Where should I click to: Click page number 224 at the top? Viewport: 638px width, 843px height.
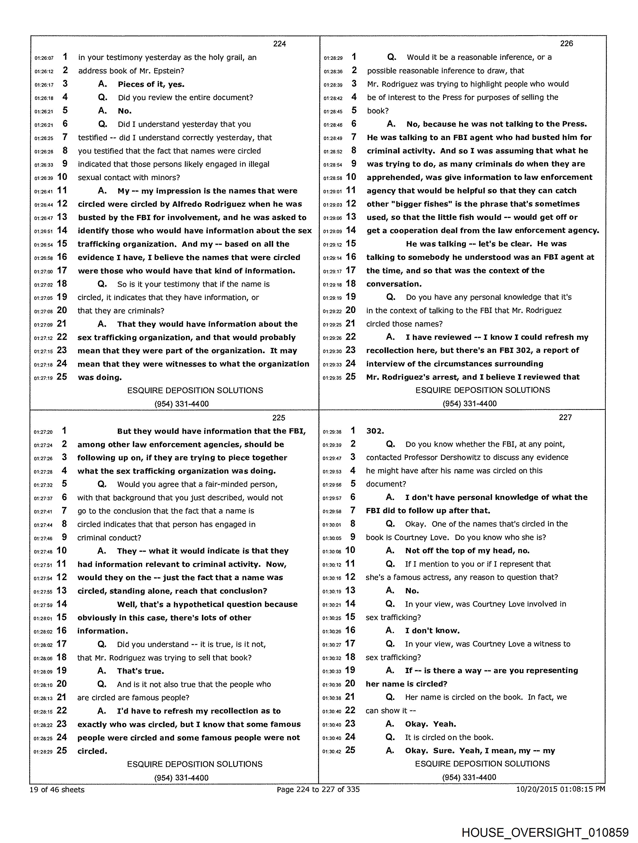click(x=279, y=44)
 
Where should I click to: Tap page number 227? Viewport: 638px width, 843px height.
click(x=565, y=417)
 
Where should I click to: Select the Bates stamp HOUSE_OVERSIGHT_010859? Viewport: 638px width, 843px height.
click(x=545, y=832)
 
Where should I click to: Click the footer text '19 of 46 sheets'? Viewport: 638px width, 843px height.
click(x=57, y=789)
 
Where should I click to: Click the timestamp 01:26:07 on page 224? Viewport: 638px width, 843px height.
click(x=44, y=58)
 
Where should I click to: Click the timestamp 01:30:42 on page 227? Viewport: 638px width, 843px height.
click(x=332, y=751)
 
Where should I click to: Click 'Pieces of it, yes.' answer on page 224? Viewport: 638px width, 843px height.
click(x=151, y=84)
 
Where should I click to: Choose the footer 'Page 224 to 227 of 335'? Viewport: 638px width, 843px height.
click(x=318, y=789)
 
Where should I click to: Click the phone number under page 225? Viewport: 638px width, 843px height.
click(x=181, y=777)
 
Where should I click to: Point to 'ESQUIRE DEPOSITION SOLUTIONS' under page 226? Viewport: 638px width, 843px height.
click(x=482, y=390)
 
